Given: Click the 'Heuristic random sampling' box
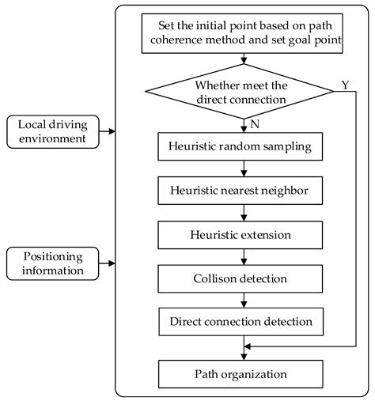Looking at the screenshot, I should click(x=241, y=146).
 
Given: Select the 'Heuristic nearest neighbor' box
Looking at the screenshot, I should click(x=241, y=191).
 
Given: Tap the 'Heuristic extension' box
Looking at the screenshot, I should click(x=241, y=235).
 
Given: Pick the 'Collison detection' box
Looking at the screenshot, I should click(x=241, y=278).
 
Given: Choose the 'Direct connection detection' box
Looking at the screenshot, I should click(x=241, y=322).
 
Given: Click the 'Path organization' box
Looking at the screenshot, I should click(x=241, y=372).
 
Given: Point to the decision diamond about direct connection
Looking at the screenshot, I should click(x=241, y=93).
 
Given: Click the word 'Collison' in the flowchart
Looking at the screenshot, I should click(x=215, y=278).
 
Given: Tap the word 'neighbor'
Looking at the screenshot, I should click(x=282, y=191).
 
